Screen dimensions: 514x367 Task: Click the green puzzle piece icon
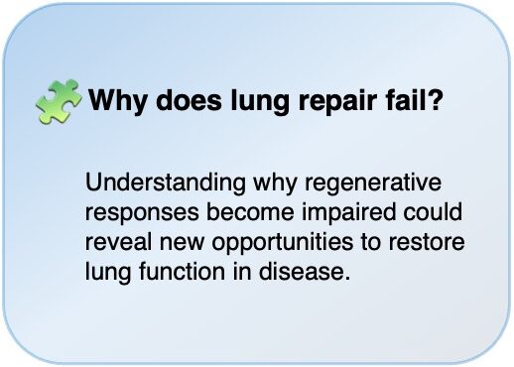(x=59, y=102)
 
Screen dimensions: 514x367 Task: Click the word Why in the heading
(x=117, y=100)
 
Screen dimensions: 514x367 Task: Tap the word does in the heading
(x=189, y=99)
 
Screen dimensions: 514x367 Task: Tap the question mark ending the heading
(x=434, y=99)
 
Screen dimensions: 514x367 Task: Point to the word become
(x=250, y=211)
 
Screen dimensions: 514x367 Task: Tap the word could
(x=433, y=211)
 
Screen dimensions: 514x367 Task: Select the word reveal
(x=118, y=241)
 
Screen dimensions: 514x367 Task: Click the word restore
(x=427, y=242)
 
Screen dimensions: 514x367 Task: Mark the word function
(x=182, y=271)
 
